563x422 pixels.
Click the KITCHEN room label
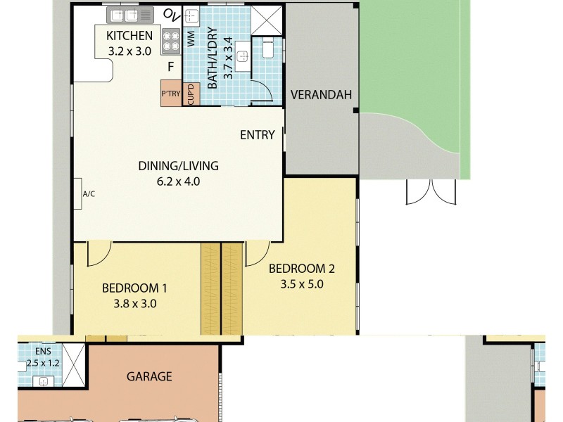click(129, 36)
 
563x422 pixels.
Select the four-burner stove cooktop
click(171, 42)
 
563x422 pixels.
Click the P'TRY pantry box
click(171, 94)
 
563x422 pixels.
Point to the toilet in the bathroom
click(268, 48)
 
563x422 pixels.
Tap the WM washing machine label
click(191, 39)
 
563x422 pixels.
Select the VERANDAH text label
click(320, 96)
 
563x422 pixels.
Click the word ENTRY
click(257, 135)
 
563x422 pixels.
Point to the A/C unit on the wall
click(79, 193)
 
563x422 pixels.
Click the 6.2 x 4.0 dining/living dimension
click(178, 181)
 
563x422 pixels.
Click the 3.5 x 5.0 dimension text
click(301, 285)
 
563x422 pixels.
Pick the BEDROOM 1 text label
click(134, 288)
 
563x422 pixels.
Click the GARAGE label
click(149, 376)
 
